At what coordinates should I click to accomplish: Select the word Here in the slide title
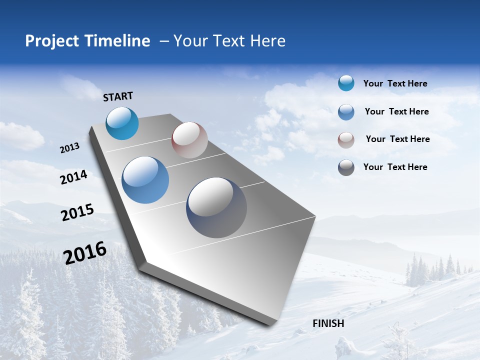pyautogui.click(x=267, y=41)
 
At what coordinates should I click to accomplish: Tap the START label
pyautogui.click(x=118, y=96)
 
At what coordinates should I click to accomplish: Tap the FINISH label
pyautogui.click(x=328, y=323)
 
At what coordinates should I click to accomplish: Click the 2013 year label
pyautogui.click(x=69, y=148)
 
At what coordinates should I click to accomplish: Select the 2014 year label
pyautogui.click(x=74, y=177)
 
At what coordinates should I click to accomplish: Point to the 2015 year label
pyautogui.click(x=77, y=212)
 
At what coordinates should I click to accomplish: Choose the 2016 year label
pyautogui.click(x=85, y=253)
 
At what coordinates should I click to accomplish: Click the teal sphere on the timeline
pyautogui.click(x=122, y=123)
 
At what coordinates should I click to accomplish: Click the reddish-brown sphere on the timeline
pyautogui.click(x=189, y=140)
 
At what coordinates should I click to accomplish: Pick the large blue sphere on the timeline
pyautogui.click(x=145, y=180)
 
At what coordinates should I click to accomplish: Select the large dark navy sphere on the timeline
pyautogui.click(x=216, y=207)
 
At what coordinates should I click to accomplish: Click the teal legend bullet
pyautogui.click(x=346, y=83)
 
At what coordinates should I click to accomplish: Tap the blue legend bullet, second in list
pyautogui.click(x=346, y=112)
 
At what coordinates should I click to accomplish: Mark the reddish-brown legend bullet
pyautogui.click(x=346, y=140)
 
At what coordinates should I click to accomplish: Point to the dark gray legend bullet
pyautogui.click(x=346, y=167)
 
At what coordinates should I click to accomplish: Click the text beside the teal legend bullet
pyautogui.click(x=395, y=83)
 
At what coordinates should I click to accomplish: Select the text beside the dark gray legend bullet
pyautogui.click(x=395, y=167)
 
